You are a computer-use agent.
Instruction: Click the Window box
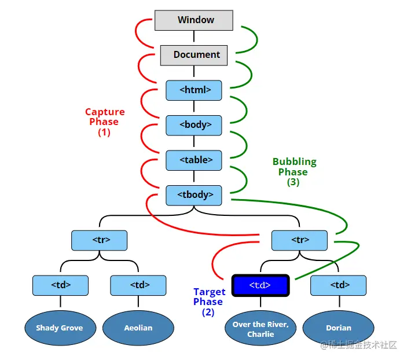pyautogui.click(x=193, y=20)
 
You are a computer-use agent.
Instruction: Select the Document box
pyautogui.click(x=193, y=55)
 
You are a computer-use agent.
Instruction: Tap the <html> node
pyautogui.click(x=193, y=90)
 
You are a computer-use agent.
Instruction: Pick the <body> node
pyautogui.click(x=193, y=124)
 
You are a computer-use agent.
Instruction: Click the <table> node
pyautogui.click(x=193, y=160)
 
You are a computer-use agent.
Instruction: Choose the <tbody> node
pyautogui.click(x=193, y=195)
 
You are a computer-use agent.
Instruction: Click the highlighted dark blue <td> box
pyautogui.click(x=260, y=285)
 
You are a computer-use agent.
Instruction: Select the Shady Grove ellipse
pyautogui.click(x=59, y=328)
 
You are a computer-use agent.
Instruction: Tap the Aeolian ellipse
pyautogui.click(x=138, y=328)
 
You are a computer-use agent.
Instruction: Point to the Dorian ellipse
pyautogui.click(x=338, y=328)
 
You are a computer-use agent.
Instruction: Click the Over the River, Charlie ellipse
pyautogui.click(x=260, y=329)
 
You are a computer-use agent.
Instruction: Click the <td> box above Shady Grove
pyautogui.click(x=60, y=285)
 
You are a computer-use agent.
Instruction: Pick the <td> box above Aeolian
pyautogui.click(x=138, y=285)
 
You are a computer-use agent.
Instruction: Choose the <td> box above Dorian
pyautogui.click(x=338, y=285)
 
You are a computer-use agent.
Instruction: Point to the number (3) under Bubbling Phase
pyautogui.click(x=293, y=182)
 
